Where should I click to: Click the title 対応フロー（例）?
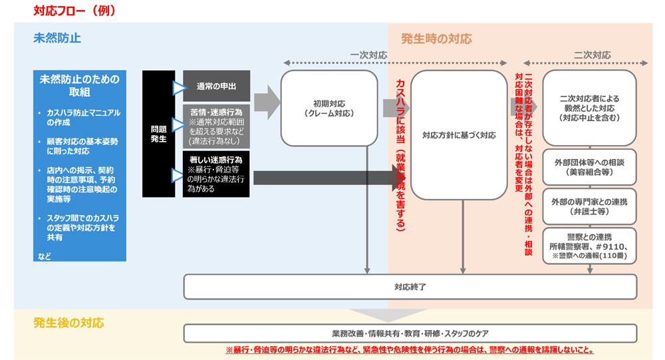pos(74,11)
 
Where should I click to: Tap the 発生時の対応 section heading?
pos(436,39)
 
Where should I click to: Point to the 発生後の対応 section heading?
pos(69,323)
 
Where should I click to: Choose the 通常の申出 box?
pos(216,86)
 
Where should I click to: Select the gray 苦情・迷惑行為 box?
pos(216,126)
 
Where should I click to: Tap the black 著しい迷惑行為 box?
pos(216,174)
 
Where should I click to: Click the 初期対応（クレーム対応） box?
pos(329,108)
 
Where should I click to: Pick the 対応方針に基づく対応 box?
pos(459,135)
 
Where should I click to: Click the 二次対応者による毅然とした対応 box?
pos(590,108)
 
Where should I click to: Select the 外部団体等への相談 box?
pos(590,167)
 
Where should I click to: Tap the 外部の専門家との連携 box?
pos(590,207)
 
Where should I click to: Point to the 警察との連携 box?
pos(590,246)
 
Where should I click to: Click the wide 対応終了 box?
pos(410,287)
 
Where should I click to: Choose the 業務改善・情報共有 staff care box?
pos(410,333)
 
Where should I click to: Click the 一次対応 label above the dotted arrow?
pos(368,55)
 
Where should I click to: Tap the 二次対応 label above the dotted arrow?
pos(592,55)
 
